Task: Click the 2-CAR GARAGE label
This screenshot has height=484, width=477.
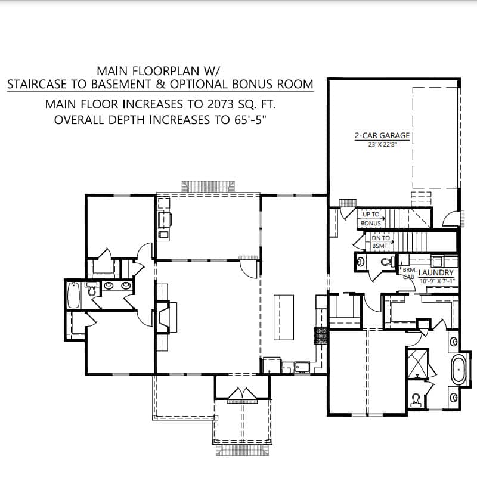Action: [x=382, y=135]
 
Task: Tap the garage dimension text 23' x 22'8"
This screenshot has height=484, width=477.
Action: [x=382, y=144]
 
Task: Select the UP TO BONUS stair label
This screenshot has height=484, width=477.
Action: [x=371, y=219]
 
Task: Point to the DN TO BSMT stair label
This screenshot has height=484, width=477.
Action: [x=380, y=241]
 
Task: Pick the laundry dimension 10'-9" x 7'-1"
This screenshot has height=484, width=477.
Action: [x=436, y=280]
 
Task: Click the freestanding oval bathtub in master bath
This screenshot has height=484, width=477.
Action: [x=459, y=370]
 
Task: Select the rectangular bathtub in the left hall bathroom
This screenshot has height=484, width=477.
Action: [x=74, y=294]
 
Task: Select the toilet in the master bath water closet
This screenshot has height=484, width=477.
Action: [x=416, y=398]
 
